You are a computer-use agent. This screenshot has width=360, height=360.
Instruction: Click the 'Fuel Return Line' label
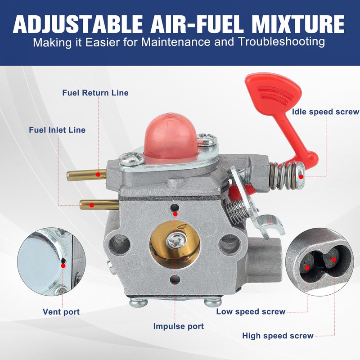point(95,93)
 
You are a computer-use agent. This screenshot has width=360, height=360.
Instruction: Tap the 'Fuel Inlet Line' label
point(57,130)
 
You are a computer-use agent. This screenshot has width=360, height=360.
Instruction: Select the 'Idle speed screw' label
point(325,112)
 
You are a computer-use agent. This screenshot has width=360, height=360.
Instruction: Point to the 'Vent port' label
point(61,312)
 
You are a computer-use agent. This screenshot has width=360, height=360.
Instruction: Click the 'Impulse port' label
point(179,326)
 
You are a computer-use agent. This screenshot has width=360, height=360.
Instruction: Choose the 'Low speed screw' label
point(251,311)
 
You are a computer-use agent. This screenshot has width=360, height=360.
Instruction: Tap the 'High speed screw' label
point(278,336)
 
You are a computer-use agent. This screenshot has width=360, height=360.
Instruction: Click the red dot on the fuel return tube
point(98,175)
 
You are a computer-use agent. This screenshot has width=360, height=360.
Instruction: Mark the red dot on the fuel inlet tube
point(92,205)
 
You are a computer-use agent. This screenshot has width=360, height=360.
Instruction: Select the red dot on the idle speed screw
point(301,176)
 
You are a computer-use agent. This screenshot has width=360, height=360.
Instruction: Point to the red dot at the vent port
point(63,265)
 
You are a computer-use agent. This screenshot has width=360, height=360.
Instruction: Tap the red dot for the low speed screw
point(307,268)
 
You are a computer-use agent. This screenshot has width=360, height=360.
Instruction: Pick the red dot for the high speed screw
point(333,260)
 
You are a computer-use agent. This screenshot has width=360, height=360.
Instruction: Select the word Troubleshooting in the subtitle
point(282,42)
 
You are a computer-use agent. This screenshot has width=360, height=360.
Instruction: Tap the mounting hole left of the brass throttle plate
point(119,244)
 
